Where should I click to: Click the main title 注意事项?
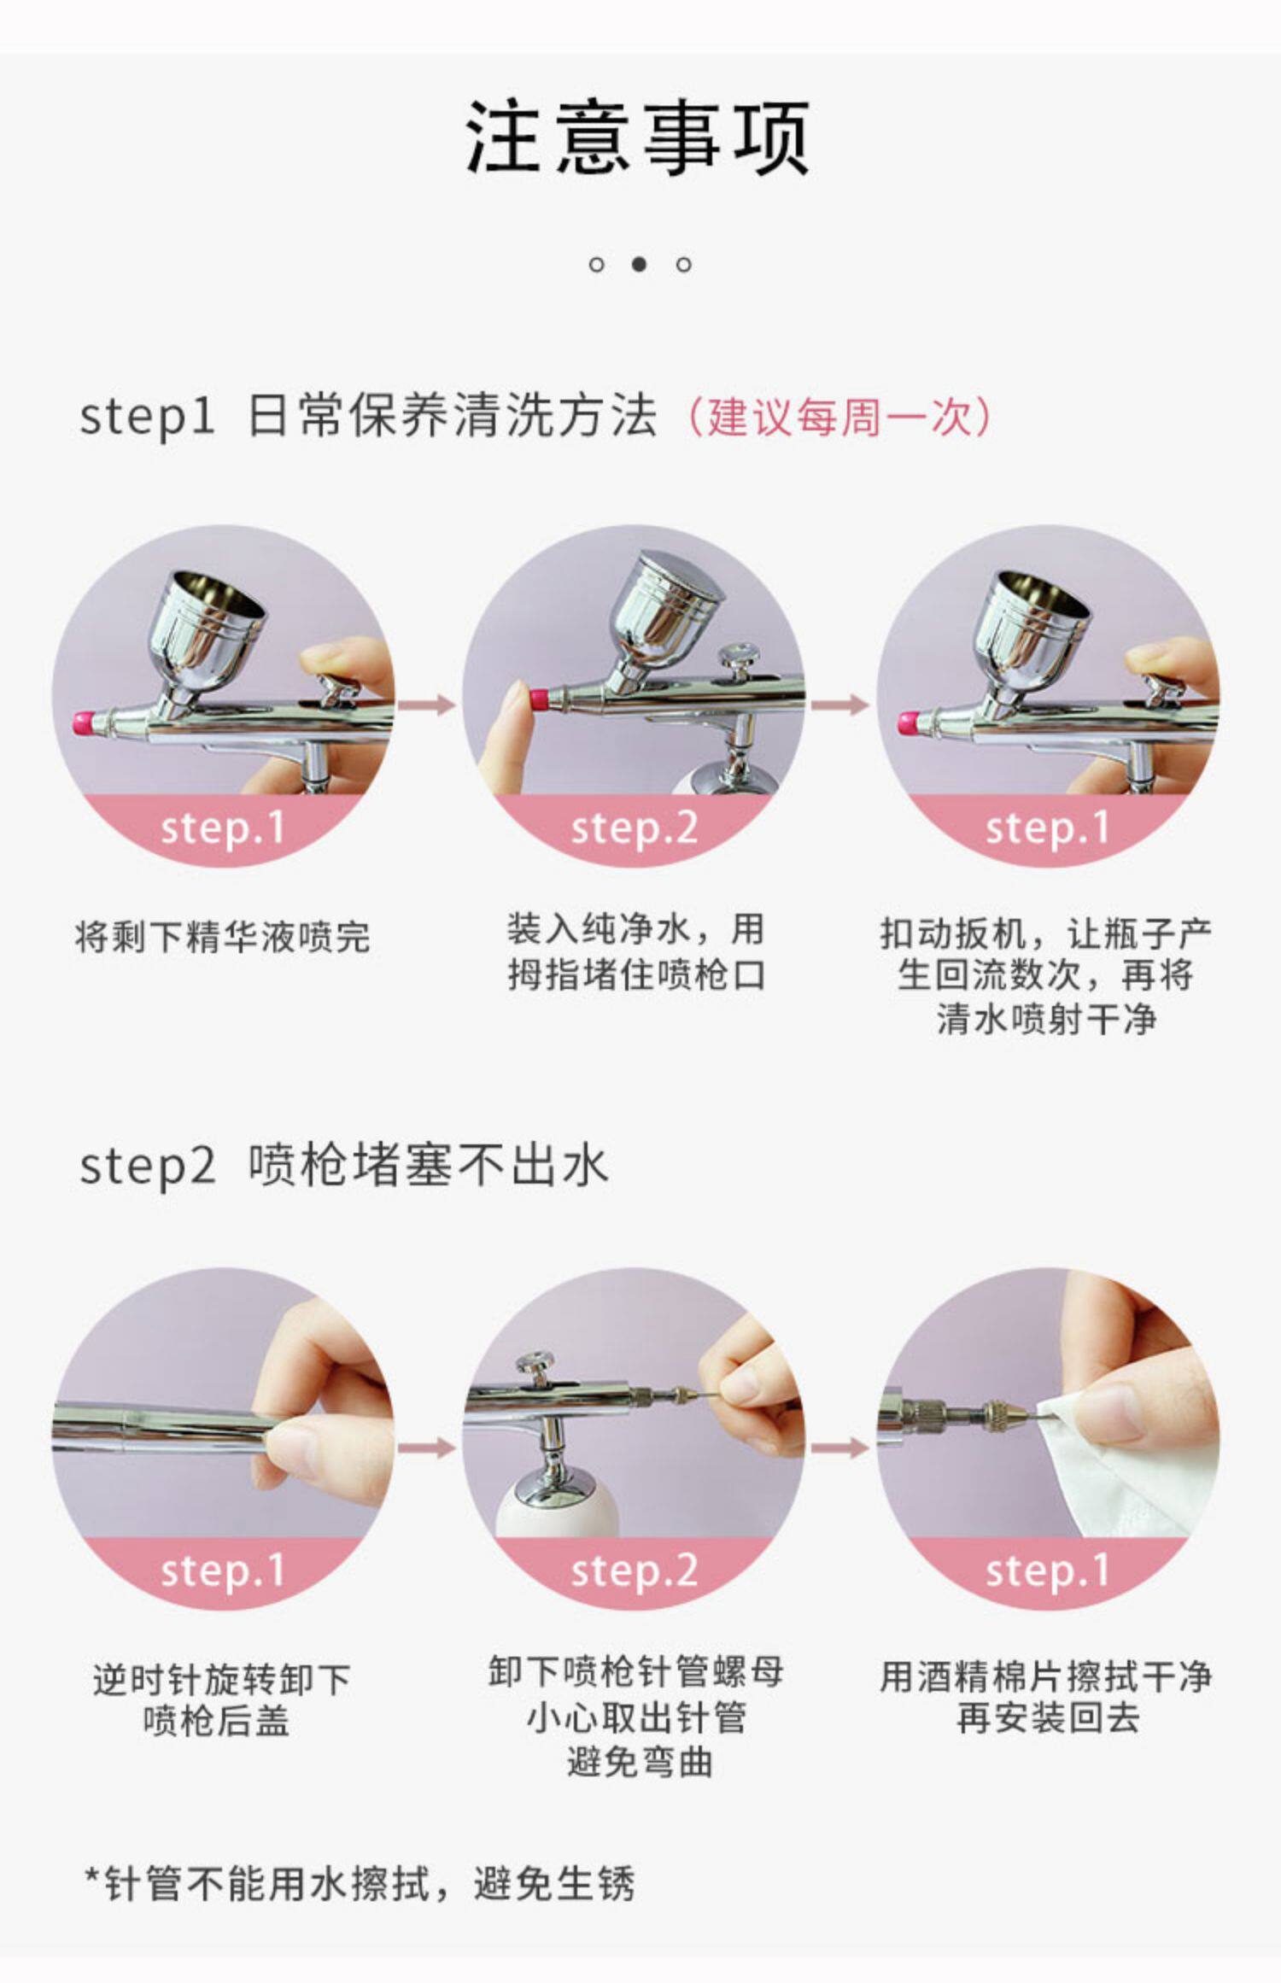point(638,137)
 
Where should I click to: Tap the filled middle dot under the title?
point(639,264)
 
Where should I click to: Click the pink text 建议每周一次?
point(840,418)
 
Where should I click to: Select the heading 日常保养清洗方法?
point(452,417)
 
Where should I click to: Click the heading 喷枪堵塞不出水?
point(428,1165)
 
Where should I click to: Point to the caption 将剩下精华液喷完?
point(223,937)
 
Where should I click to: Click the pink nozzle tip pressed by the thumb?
point(539,700)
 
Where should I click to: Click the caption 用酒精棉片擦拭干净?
point(1045,1676)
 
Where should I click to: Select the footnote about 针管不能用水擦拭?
point(360,1884)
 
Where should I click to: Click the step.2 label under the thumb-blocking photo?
point(634,828)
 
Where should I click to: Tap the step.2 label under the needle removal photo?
point(634,1571)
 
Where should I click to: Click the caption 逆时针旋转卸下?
point(222,1679)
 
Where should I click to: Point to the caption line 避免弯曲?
point(640,1762)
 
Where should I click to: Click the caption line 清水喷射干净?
point(1046,1019)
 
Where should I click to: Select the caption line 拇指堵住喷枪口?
point(636,974)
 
